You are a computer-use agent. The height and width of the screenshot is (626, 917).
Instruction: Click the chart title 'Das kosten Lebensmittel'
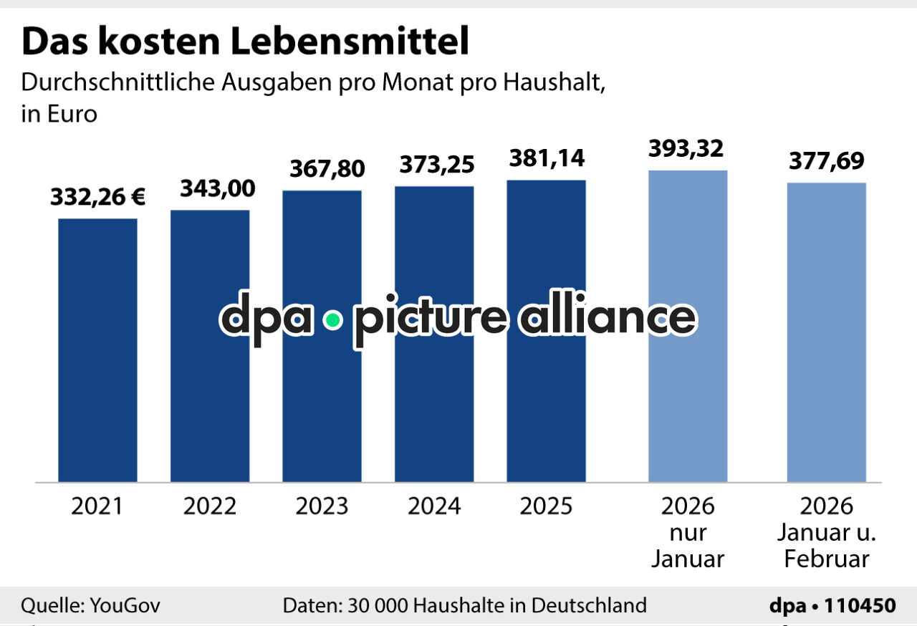(245, 42)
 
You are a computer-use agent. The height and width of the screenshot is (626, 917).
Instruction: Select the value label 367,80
(327, 169)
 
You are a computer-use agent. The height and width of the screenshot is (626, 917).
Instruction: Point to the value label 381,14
(547, 158)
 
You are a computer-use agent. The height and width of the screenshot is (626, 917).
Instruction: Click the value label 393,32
(686, 148)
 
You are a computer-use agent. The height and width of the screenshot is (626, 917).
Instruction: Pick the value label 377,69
(827, 161)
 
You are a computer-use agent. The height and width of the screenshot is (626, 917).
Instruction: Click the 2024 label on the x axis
(434, 506)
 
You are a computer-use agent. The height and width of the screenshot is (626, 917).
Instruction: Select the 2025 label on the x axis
(546, 506)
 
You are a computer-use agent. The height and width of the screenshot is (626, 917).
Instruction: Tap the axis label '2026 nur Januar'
(688, 532)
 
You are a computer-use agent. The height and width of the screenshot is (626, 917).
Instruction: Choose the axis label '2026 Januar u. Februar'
(827, 532)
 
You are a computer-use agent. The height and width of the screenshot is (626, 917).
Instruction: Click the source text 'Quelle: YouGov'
(91, 606)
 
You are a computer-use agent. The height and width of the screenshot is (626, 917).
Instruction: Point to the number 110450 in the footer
(860, 606)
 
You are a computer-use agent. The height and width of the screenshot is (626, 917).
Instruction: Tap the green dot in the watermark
(332, 321)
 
